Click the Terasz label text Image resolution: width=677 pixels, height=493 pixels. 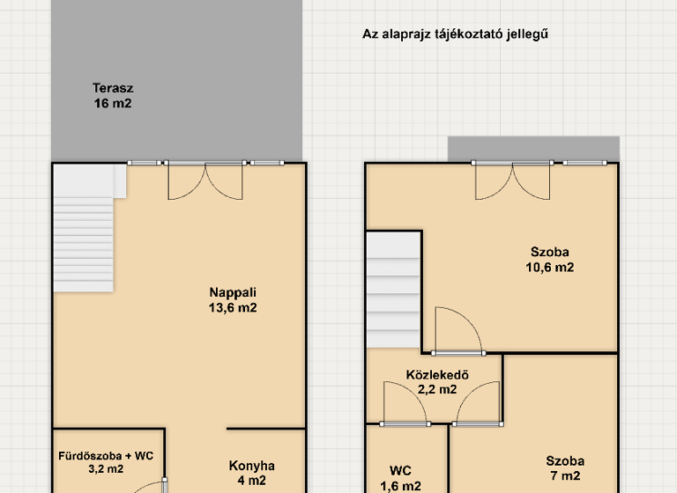click(113, 87)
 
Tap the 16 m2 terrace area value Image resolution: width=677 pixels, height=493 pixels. click(113, 103)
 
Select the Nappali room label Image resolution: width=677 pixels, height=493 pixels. click(233, 292)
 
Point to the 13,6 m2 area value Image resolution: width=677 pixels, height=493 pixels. click(233, 308)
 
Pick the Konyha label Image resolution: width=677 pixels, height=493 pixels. click(251, 466)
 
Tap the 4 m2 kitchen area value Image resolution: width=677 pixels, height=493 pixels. click(251, 481)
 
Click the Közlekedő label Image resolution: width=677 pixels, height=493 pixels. click(436, 374)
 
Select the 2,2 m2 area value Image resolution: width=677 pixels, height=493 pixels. click(436, 389)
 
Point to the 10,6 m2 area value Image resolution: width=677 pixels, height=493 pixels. click(551, 268)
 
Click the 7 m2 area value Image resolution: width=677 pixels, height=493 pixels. click(564, 476)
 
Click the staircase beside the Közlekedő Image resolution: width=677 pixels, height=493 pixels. click(394, 291)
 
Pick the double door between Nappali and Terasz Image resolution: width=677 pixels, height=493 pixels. click(205, 180)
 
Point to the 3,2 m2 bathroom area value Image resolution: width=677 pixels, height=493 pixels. click(106, 469)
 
